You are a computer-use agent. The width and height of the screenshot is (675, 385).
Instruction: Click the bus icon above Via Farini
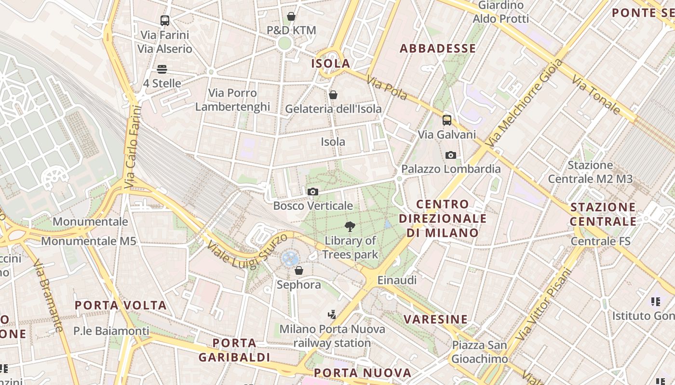tap(165, 20)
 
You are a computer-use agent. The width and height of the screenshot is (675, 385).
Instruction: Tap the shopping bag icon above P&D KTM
tap(291, 16)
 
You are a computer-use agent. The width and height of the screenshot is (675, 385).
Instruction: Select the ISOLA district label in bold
tap(331, 64)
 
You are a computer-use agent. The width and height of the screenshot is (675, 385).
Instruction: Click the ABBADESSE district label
tap(438, 48)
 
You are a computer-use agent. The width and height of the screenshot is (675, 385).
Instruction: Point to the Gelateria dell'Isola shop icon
tap(333, 95)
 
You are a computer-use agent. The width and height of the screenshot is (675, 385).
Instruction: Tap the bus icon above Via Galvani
tap(447, 120)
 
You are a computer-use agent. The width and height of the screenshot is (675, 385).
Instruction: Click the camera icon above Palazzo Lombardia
tap(451, 155)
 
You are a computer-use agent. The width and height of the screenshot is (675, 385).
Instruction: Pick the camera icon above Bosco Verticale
tap(312, 192)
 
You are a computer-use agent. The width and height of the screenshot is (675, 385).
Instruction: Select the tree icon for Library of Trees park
tap(350, 226)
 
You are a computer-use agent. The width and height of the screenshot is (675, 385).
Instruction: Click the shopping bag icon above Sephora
tap(299, 270)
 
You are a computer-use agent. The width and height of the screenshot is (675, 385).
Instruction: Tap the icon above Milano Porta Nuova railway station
tap(332, 315)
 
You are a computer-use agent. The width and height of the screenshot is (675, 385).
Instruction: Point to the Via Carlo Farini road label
tap(134, 146)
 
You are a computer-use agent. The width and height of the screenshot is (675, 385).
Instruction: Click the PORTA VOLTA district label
tap(121, 305)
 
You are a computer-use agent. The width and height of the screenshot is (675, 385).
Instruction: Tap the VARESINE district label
tap(436, 319)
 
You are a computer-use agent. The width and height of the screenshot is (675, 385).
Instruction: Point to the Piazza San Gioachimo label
tap(479, 352)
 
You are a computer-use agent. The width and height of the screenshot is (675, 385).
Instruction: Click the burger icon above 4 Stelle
tap(162, 69)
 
